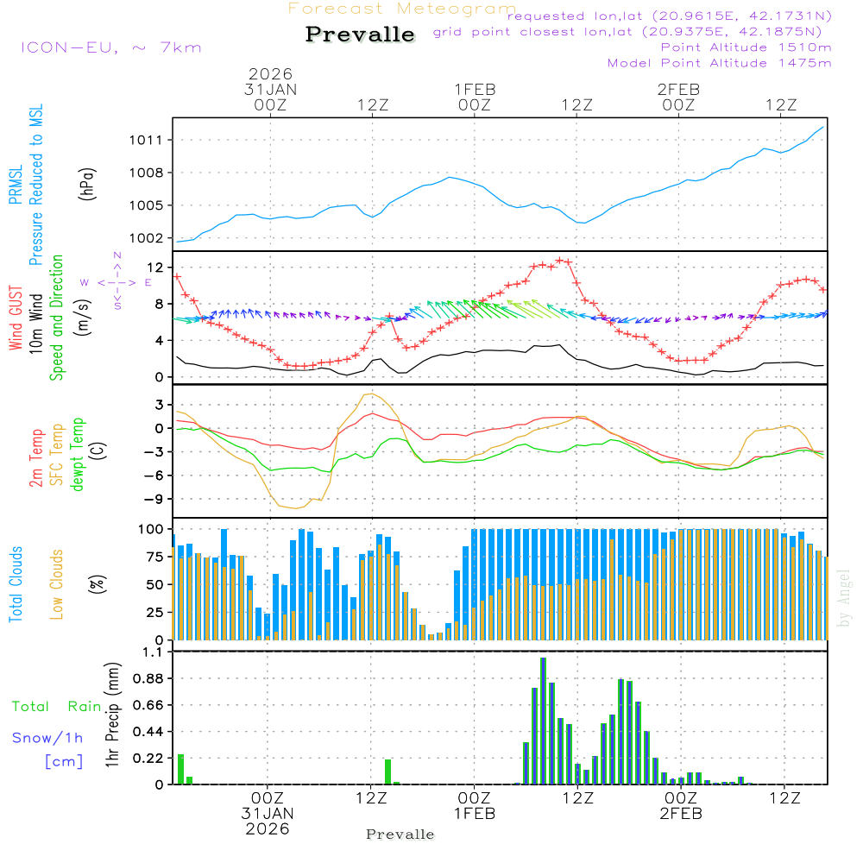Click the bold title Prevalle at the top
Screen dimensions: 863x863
point(360,35)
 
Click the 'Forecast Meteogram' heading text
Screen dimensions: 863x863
point(402,9)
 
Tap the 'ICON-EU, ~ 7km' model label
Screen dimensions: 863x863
point(110,47)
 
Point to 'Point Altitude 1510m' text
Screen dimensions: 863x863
point(746,47)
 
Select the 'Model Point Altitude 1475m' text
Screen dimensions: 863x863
point(719,63)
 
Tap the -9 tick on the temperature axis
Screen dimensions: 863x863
point(159,499)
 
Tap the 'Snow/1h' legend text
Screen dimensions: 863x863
point(47,738)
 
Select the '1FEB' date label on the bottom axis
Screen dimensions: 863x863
point(474,813)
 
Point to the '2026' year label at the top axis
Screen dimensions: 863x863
point(270,74)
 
